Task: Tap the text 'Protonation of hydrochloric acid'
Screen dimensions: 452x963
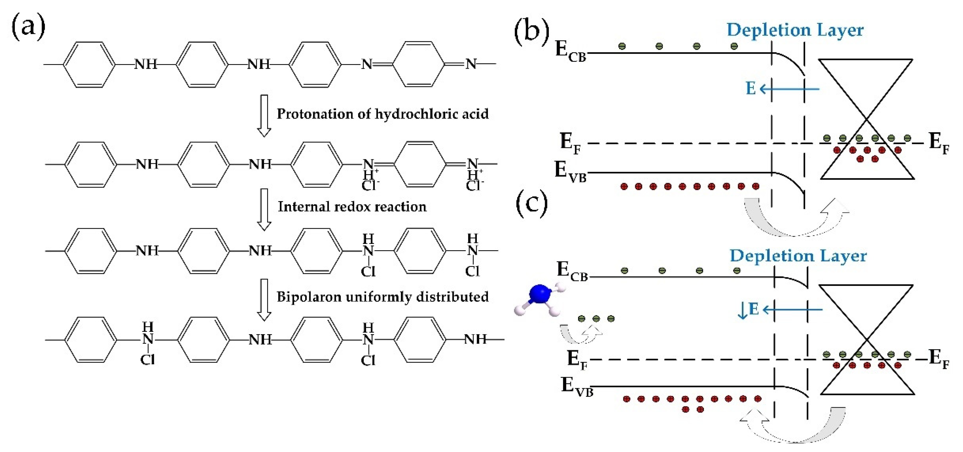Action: tap(382, 114)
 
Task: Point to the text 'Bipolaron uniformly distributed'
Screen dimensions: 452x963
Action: tap(382, 297)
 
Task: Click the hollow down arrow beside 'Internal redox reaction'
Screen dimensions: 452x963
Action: tap(264, 210)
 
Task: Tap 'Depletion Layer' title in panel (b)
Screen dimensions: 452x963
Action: tap(795, 30)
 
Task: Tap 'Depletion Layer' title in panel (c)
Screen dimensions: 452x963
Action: tap(798, 256)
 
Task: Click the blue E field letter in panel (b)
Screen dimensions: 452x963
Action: tap(751, 89)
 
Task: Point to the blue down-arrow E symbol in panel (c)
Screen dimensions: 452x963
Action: tap(748, 310)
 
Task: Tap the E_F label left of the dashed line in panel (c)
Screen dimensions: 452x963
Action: tap(577, 359)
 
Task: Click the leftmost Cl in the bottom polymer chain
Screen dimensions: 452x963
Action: tap(147, 360)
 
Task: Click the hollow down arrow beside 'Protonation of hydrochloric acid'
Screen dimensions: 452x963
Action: tap(264, 116)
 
